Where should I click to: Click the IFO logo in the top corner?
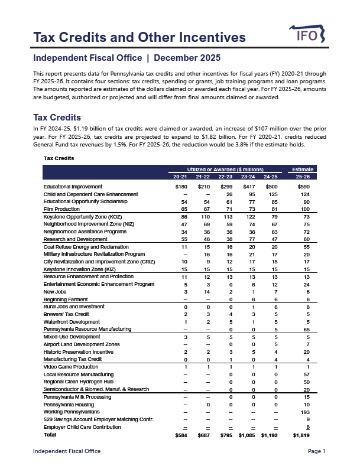pyautogui.click(x=307, y=35)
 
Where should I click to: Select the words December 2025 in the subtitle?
pyautogui.click(x=187, y=58)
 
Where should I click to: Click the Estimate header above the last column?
pyautogui.click(x=301, y=170)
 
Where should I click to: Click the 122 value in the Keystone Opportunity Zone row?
pyautogui.click(x=251, y=217)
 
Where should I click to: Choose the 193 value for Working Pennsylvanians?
pyautogui.click(x=305, y=412)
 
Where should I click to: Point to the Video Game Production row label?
pyautogui.click(x=71, y=367)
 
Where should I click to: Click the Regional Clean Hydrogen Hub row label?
pyautogui.click(x=79, y=382)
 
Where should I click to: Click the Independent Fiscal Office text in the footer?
pyautogui.click(x=66, y=451)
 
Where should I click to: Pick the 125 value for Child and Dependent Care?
pyautogui.click(x=273, y=194)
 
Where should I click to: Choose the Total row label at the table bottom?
pyautogui.click(x=51, y=435)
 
